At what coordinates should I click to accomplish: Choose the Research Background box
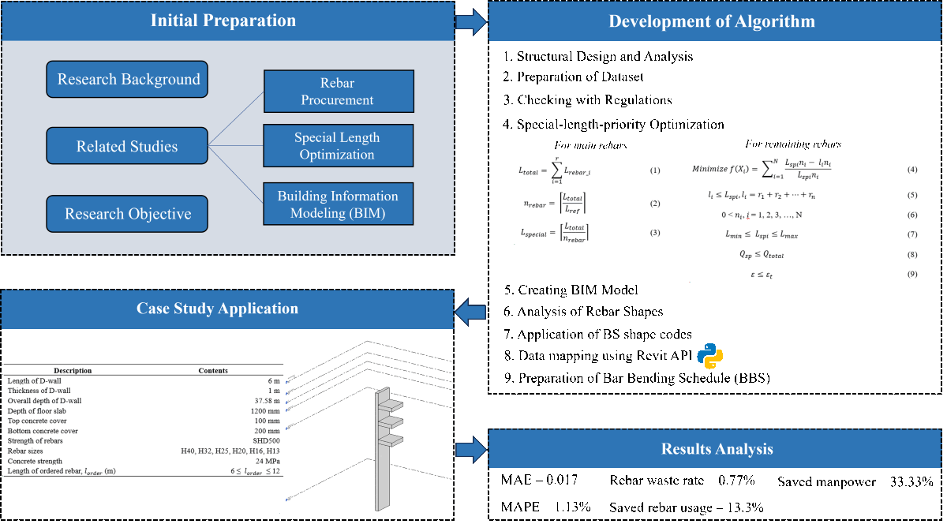[128, 80]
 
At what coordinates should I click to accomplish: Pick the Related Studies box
[127, 146]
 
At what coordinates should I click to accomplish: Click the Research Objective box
[127, 214]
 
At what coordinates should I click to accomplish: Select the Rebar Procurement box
[338, 92]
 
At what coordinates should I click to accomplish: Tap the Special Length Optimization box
[338, 146]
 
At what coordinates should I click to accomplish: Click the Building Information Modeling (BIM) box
[338, 204]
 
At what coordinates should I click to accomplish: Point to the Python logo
[710, 357]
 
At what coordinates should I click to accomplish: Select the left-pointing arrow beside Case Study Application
[471, 311]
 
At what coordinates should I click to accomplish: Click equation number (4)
[911, 170]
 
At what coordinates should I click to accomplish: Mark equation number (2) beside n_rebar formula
[654, 203]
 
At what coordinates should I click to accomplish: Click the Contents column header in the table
[213, 370]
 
